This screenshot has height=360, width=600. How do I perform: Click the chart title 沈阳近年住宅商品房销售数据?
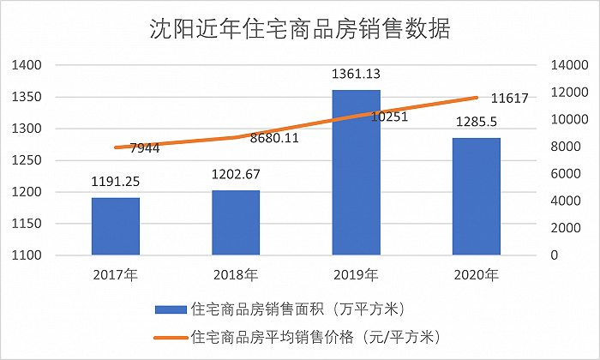(x=299, y=28)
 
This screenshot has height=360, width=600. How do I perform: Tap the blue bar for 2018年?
(x=236, y=223)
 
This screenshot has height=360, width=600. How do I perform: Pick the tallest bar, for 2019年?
(x=357, y=172)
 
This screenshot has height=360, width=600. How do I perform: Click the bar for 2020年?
(x=477, y=196)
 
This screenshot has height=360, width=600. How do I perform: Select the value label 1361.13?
(x=357, y=74)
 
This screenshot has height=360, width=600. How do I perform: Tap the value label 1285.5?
(x=477, y=122)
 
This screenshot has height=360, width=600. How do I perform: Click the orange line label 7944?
(x=145, y=149)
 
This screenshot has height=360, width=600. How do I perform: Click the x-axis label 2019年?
(x=357, y=275)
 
